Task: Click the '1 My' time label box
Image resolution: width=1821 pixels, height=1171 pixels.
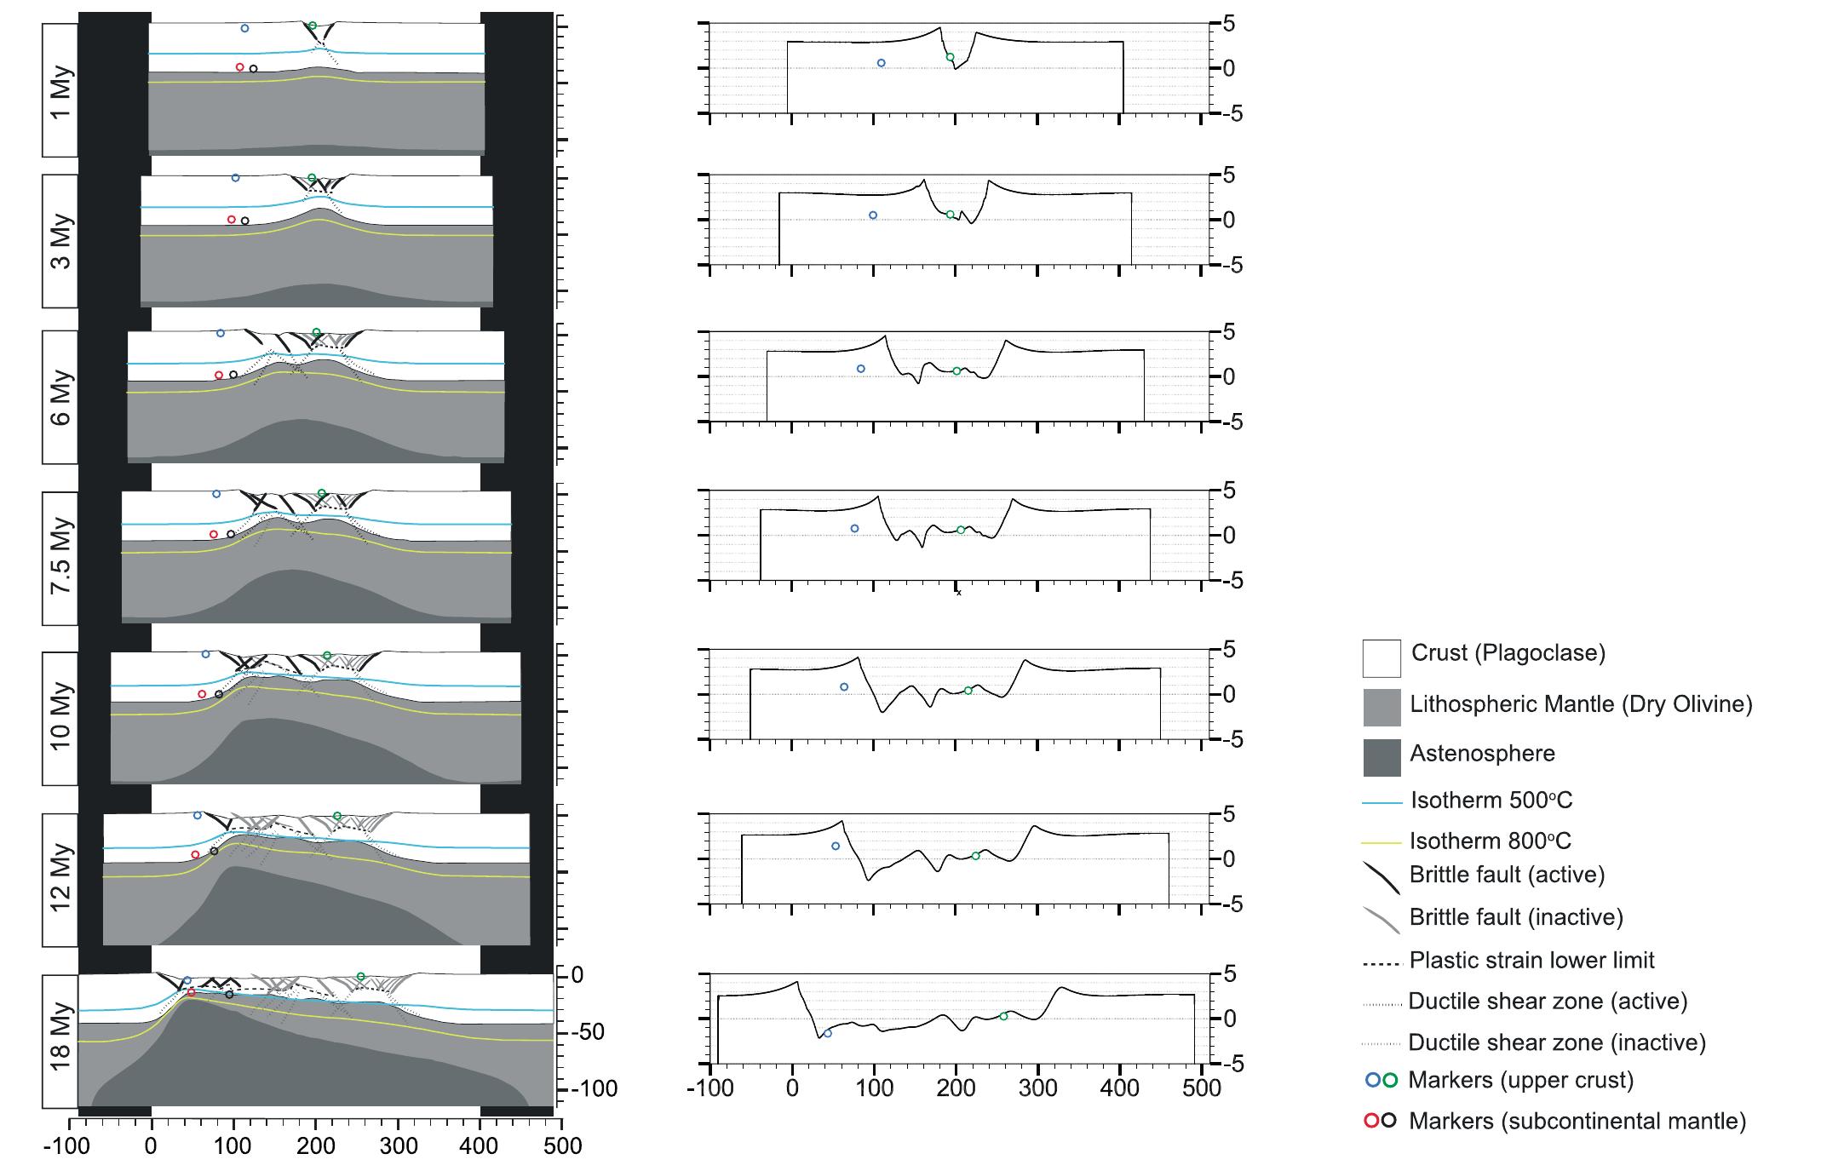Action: coord(60,90)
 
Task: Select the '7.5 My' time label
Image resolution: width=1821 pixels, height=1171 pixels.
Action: coord(60,554)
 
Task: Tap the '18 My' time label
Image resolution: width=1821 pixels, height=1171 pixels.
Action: coord(60,1042)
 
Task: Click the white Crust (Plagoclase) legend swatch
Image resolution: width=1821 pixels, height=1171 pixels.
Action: coord(1381,658)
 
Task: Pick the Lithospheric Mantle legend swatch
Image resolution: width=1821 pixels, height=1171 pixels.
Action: coord(1381,708)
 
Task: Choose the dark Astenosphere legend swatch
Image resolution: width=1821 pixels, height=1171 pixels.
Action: coord(1381,757)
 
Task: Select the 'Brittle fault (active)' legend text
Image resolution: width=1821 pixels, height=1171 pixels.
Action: coord(1507,875)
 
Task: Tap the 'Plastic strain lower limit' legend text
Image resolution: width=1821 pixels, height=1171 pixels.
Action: coord(1531,961)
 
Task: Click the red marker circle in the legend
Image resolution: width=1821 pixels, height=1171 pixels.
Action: coord(1371,1121)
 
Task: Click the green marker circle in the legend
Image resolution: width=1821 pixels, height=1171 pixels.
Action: coord(1390,1081)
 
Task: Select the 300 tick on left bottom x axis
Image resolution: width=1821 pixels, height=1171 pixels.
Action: coord(399,1146)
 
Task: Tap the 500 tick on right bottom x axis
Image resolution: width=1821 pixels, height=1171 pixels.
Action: coord(1203,1088)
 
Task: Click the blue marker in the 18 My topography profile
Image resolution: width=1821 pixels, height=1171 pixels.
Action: coord(827,1033)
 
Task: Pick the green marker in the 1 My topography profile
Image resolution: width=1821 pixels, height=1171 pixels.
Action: coord(950,57)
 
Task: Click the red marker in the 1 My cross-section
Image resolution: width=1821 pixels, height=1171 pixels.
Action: coord(239,67)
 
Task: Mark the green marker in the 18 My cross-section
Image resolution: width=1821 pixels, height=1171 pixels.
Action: coord(360,977)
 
